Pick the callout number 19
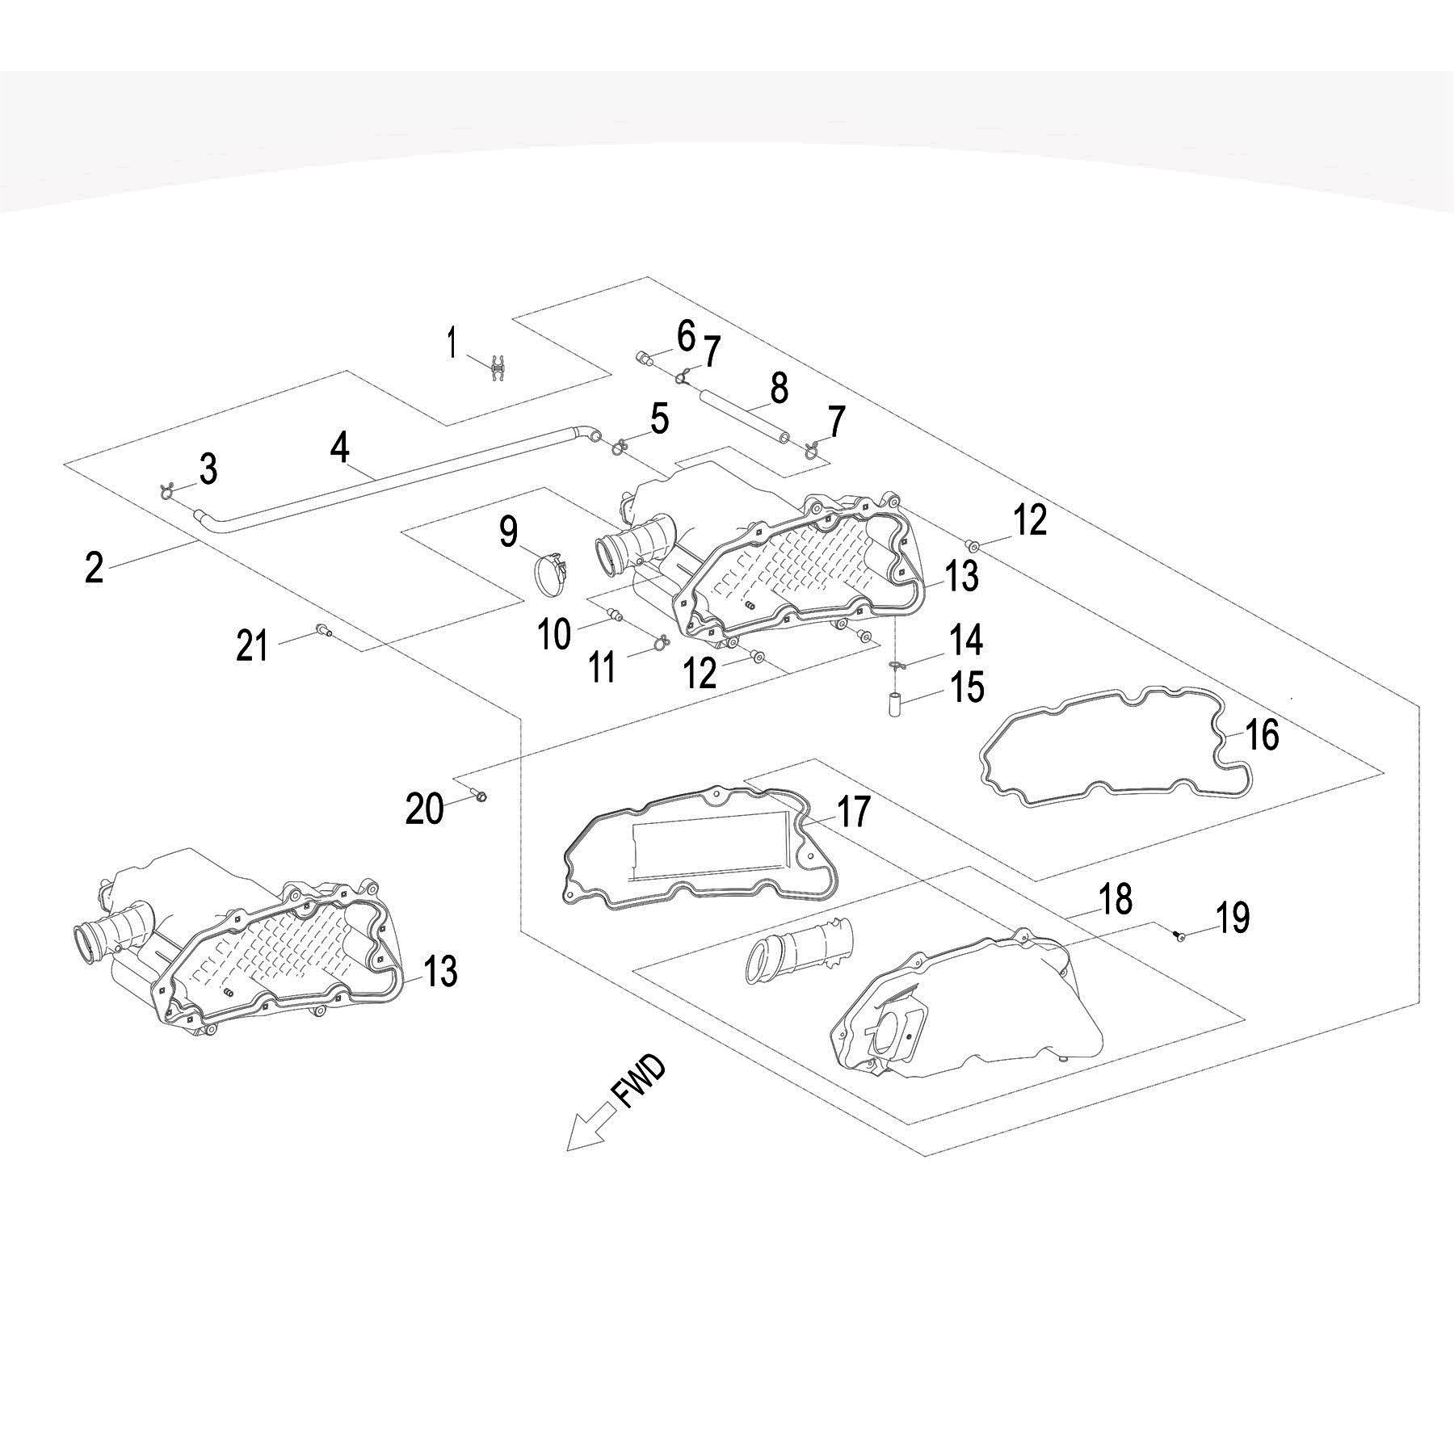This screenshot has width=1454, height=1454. tap(1231, 918)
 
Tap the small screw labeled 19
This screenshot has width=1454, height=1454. tap(1178, 935)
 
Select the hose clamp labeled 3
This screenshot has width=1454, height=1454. tap(168, 490)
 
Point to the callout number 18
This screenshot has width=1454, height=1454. tap(1116, 899)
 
